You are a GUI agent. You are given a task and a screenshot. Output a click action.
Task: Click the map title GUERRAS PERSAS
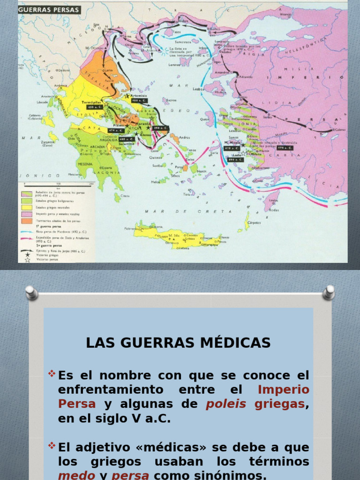pos(50,9)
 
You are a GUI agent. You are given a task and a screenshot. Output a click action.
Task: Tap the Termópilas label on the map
pos(92,102)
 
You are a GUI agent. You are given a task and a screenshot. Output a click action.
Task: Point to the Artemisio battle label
pos(142,95)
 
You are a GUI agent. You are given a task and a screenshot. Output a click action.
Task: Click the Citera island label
pos(125,196)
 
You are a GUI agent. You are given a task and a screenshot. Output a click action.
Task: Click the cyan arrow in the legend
pos(27,232)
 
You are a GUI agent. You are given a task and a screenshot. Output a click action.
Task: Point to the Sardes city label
pos(268,118)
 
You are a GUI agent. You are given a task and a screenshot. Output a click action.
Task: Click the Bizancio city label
pos(285,15)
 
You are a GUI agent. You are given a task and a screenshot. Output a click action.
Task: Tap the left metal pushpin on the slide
pos(31,293)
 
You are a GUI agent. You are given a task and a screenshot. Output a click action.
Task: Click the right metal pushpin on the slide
pos(329,292)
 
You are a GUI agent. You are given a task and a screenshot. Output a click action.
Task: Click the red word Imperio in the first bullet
pos(284,390)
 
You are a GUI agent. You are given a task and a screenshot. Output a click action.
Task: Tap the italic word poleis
pos(226,404)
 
